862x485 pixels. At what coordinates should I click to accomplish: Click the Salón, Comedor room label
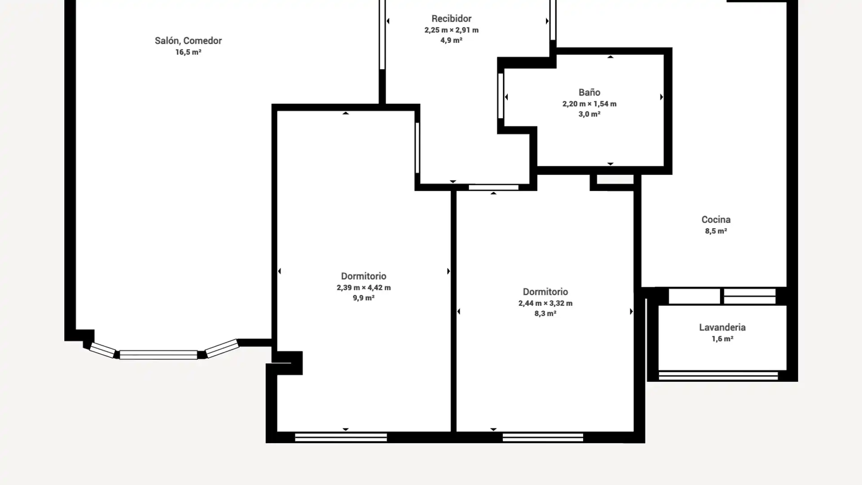188,41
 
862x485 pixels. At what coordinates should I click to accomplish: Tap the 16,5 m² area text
188,52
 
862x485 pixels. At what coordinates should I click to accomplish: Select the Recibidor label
451,18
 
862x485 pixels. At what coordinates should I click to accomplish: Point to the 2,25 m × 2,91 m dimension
451,30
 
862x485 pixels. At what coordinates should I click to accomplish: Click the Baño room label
589,92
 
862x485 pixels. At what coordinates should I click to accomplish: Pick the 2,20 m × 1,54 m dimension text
589,104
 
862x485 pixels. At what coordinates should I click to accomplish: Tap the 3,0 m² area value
589,114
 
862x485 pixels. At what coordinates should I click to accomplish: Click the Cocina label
716,220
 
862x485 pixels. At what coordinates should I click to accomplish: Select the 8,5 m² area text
716,231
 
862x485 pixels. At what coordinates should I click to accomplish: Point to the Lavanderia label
722,327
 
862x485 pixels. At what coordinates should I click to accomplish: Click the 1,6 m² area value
722,339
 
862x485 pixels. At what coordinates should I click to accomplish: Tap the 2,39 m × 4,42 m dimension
364,287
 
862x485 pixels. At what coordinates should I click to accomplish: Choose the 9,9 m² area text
364,298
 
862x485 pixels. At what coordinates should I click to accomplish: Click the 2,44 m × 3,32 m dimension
545,303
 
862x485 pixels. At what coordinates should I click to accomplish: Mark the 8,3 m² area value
545,313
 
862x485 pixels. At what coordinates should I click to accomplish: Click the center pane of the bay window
158,355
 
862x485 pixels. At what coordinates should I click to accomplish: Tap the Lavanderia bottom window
718,375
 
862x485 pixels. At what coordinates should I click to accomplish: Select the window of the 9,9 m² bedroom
341,437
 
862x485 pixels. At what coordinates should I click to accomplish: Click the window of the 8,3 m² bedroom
543,437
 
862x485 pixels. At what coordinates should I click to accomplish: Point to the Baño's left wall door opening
501,96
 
